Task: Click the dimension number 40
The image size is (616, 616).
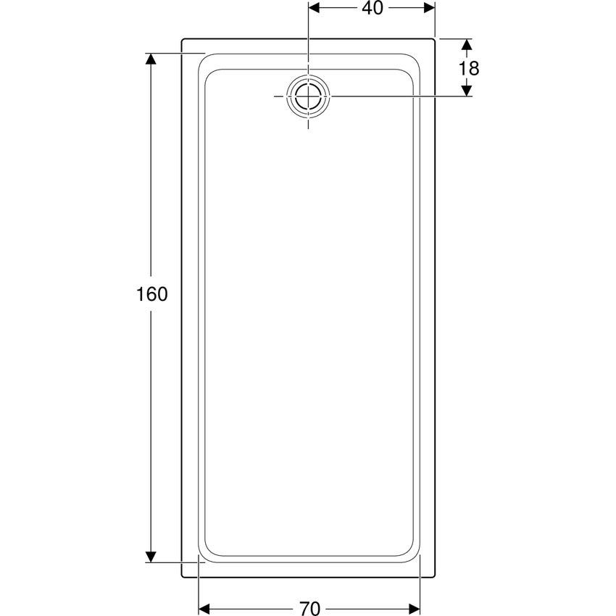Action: pyautogui.click(x=372, y=8)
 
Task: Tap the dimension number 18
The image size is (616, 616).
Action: pyautogui.click(x=469, y=68)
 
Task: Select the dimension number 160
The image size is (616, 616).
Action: pyautogui.click(x=151, y=294)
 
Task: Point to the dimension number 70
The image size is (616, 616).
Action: pyautogui.click(x=310, y=608)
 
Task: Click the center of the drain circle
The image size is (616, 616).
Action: pyautogui.click(x=309, y=96)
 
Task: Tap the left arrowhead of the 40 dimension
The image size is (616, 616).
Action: pyautogui.click(x=314, y=8)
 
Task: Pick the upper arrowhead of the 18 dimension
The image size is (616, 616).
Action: pyautogui.click(x=466, y=44)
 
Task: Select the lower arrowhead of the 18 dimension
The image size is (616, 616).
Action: pyautogui.click(x=466, y=91)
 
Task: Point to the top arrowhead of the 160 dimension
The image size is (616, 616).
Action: pyautogui.click(x=151, y=59)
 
